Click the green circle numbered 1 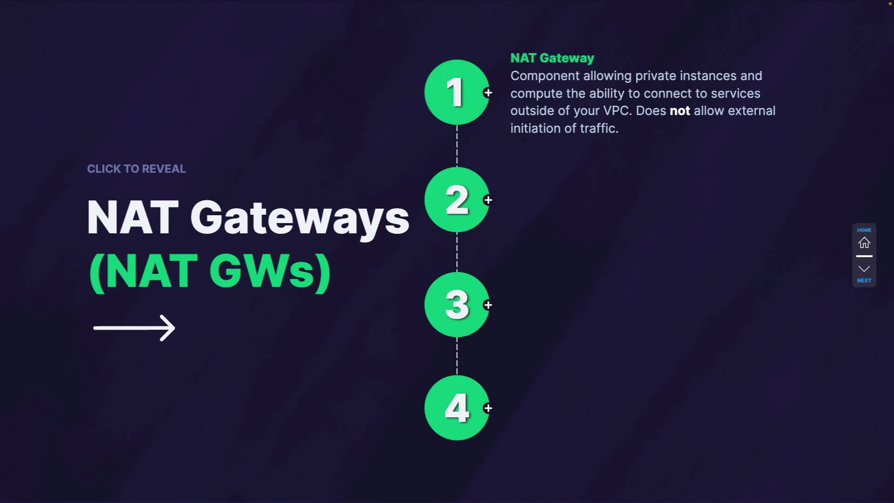[x=456, y=92]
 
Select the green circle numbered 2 [x=456, y=200]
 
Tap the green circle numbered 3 [x=456, y=305]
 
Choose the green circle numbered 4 [x=456, y=408]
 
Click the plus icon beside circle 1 [x=488, y=93]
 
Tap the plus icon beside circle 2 [x=488, y=200]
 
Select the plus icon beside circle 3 [x=488, y=305]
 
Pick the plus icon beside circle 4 [x=488, y=408]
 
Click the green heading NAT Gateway [x=552, y=58]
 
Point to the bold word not [x=679, y=111]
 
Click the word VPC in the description [x=616, y=111]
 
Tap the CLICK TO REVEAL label [x=136, y=169]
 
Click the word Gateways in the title [x=300, y=218]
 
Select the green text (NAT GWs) [x=210, y=272]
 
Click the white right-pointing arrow [x=134, y=328]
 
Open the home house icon [x=864, y=243]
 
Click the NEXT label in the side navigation [x=864, y=280]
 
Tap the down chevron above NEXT [x=864, y=269]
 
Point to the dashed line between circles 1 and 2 [x=457, y=146]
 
